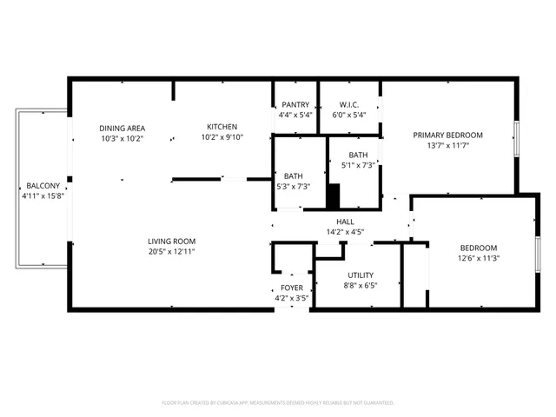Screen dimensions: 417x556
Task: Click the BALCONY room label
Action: (43, 186)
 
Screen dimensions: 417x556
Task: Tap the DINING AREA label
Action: (122, 128)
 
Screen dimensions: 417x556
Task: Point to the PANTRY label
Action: (295, 104)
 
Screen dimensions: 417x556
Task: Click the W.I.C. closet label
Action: (348, 104)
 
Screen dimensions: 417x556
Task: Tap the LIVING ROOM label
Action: (171, 241)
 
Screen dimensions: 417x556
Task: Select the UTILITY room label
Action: (361, 275)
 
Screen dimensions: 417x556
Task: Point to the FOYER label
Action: (291, 288)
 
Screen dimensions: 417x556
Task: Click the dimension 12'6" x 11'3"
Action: (478, 258)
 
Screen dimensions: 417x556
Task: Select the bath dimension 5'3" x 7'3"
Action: (293, 186)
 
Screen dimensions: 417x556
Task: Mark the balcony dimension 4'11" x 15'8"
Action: (43, 196)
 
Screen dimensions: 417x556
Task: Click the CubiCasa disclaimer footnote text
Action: (278, 402)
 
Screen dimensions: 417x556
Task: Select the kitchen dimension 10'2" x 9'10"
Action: (223, 136)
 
